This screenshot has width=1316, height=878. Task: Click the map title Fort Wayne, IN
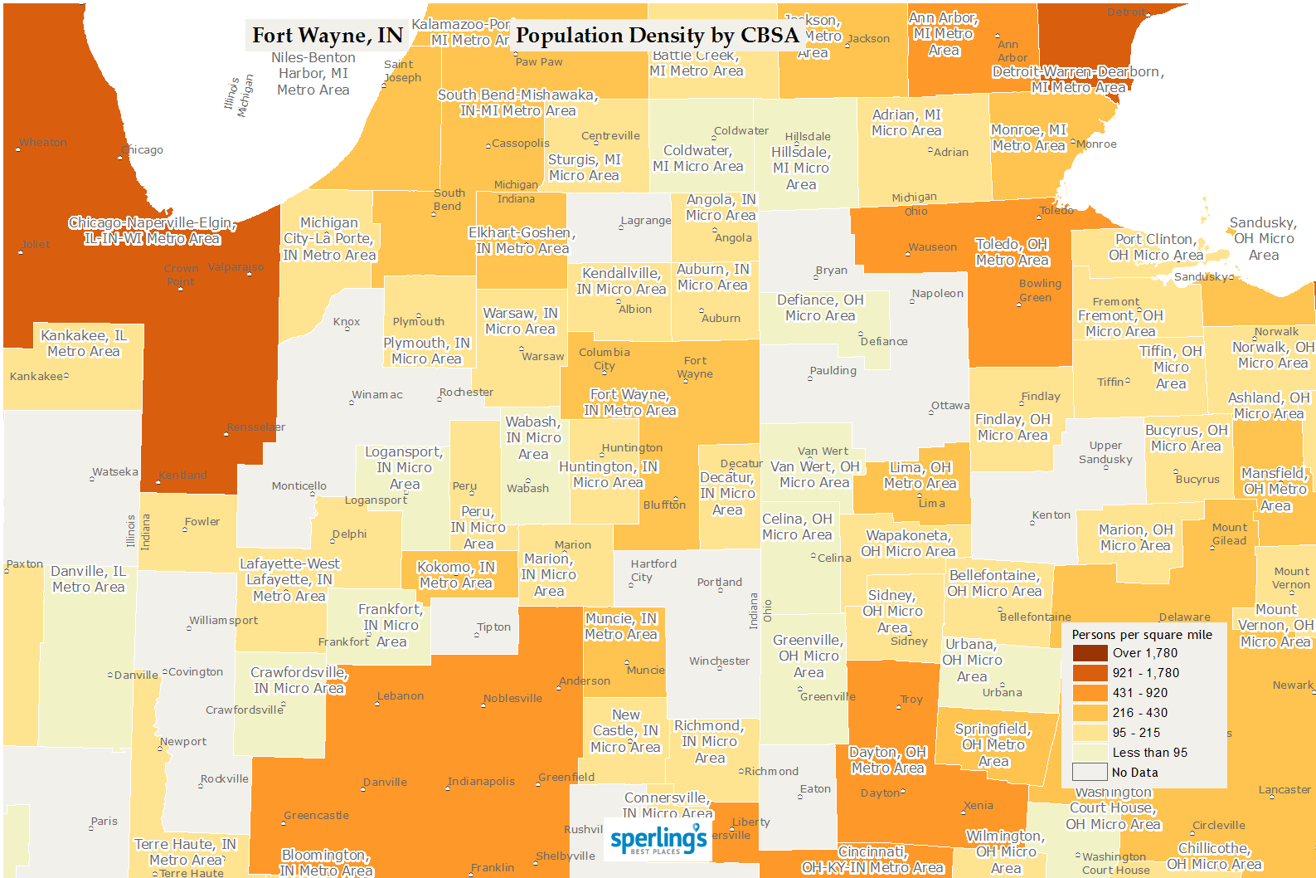(327, 36)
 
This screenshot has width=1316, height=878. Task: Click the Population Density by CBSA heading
(657, 36)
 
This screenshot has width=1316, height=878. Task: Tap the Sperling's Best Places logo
(658, 840)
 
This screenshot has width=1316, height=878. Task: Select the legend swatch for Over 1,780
(1090, 653)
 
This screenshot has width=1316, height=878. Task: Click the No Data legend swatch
(1090, 773)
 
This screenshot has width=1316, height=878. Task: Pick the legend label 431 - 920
(1139, 693)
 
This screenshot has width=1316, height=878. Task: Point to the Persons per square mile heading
(1141, 635)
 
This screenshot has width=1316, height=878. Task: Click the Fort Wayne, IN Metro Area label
(629, 402)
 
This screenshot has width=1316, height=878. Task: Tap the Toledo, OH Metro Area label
(1012, 251)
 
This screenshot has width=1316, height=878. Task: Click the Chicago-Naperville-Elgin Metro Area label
(153, 231)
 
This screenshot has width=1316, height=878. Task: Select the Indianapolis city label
(481, 781)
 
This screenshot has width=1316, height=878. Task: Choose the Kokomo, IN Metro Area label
(455, 575)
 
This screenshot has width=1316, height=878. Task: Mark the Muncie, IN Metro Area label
(620, 627)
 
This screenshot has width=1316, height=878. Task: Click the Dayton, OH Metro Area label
(887, 760)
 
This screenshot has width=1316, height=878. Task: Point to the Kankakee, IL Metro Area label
(84, 344)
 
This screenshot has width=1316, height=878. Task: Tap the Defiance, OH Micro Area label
(819, 308)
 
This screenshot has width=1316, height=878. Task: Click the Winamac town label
(377, 395)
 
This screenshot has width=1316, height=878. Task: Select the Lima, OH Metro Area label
(920, 476)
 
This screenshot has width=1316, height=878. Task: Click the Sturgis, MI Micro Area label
(584, 168)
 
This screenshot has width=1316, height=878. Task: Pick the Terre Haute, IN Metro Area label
(185, 852)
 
